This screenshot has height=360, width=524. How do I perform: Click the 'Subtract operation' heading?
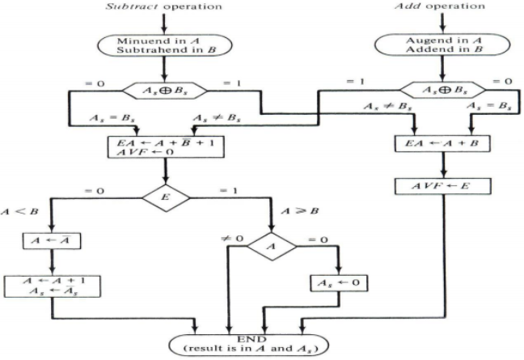point(165,6)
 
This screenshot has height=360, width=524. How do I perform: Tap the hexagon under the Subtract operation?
point(166,94)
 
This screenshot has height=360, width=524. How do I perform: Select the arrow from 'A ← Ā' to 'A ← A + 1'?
point(50,262)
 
